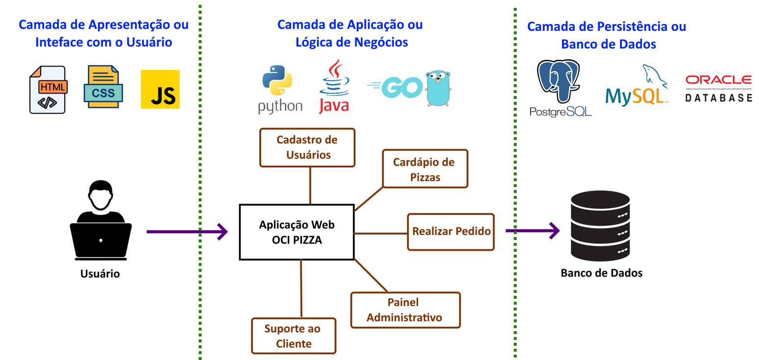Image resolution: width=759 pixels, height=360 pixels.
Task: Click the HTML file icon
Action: [48, 90]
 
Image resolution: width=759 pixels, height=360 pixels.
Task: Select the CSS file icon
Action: [103, 87]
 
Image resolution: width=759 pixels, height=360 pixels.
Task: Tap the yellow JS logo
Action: [160, 89]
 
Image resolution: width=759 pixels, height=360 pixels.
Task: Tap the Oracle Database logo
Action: [718, 88]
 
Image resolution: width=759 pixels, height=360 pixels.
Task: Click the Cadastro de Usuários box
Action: [307, 147]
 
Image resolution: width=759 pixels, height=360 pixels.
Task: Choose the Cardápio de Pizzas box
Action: [425, 169]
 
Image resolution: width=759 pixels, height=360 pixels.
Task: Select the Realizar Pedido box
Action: [451, 232]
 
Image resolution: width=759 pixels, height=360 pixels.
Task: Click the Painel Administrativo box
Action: [405, 310]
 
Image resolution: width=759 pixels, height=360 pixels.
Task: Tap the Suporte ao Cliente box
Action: [294, 336]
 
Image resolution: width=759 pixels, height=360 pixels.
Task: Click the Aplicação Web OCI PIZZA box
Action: [296, 232]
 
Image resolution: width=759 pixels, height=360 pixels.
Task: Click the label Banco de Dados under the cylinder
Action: [601, 273]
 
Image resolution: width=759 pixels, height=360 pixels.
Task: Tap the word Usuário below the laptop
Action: [100, 274]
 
